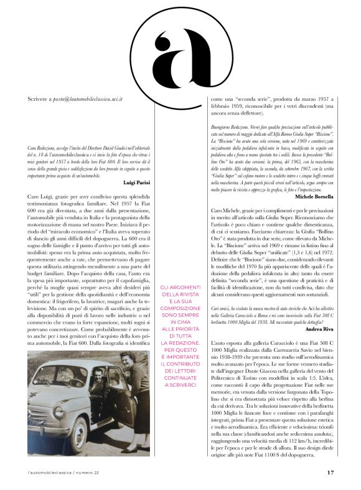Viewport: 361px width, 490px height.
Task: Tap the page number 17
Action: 330,473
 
